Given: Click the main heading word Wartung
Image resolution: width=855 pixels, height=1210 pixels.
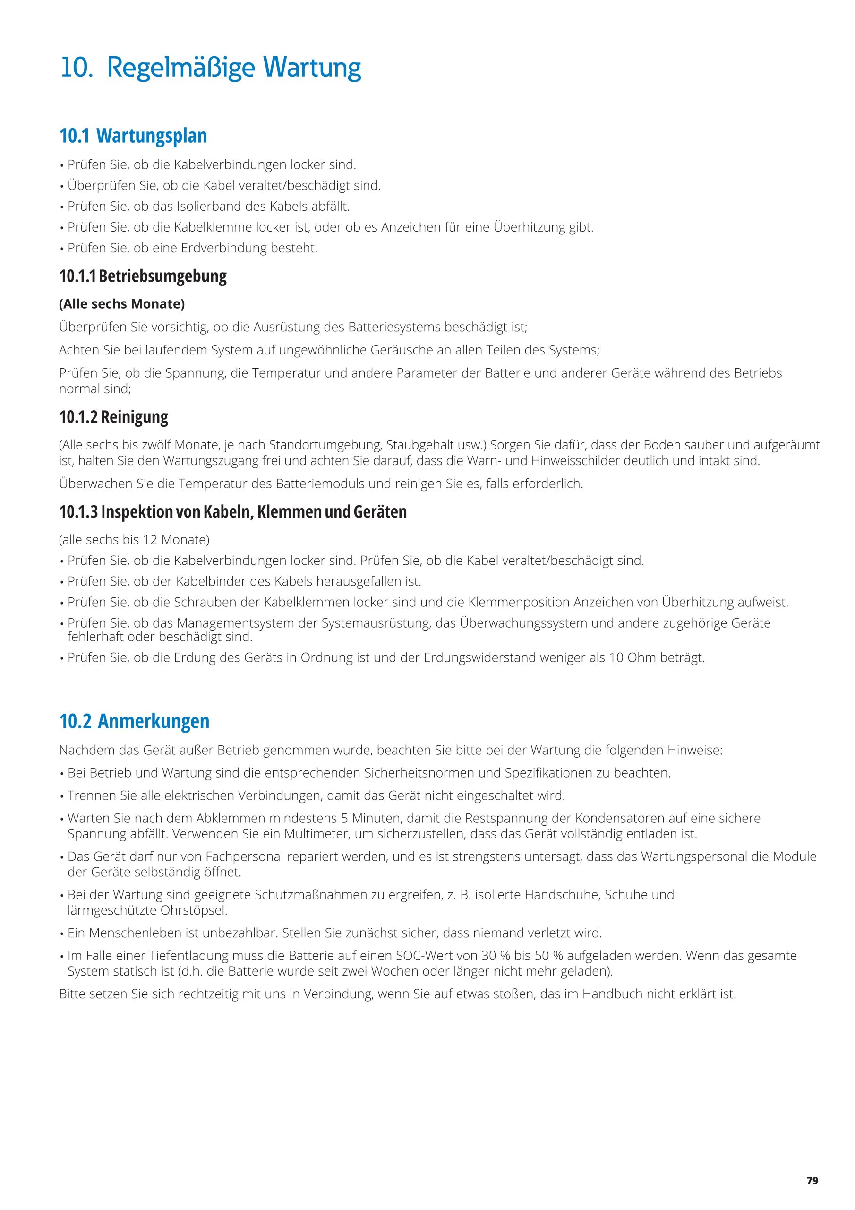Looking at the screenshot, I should [312, 68].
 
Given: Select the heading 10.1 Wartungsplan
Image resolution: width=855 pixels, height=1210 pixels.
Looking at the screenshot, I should [133, 136].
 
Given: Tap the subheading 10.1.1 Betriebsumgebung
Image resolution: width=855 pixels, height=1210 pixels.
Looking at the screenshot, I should [143, 276].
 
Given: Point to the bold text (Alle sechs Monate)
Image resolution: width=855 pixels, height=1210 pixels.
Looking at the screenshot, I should [122, 304].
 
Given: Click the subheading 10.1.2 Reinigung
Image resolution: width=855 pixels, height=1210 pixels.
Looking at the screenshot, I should [114, 417].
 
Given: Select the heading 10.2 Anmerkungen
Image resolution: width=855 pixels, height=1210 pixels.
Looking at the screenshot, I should [134, 721].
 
